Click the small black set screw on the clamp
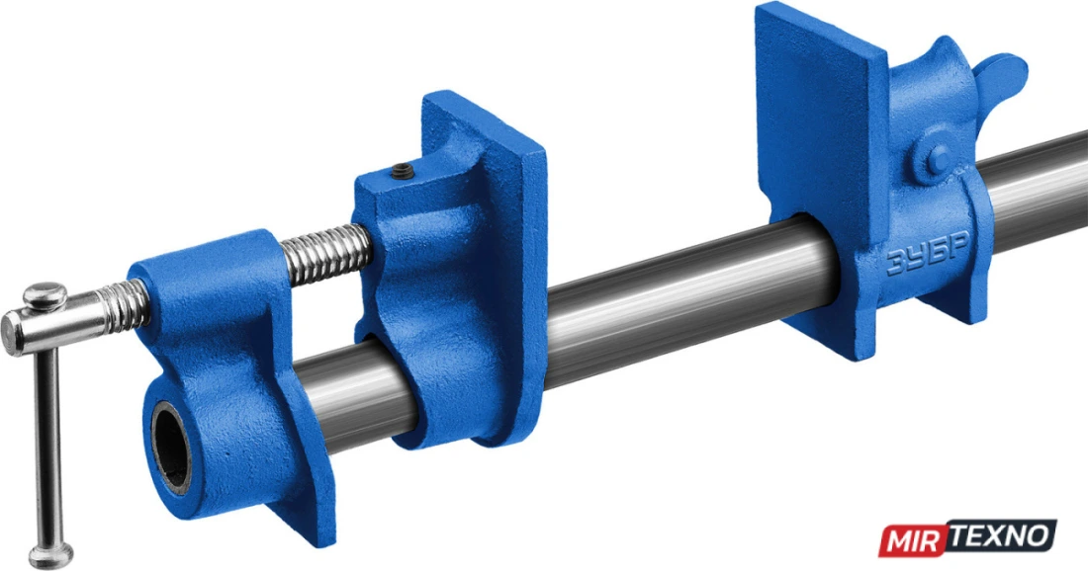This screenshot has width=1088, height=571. pyautogui.click(x=401, y=171)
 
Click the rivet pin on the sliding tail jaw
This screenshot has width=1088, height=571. pyautogui.click(x=938, y=160)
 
